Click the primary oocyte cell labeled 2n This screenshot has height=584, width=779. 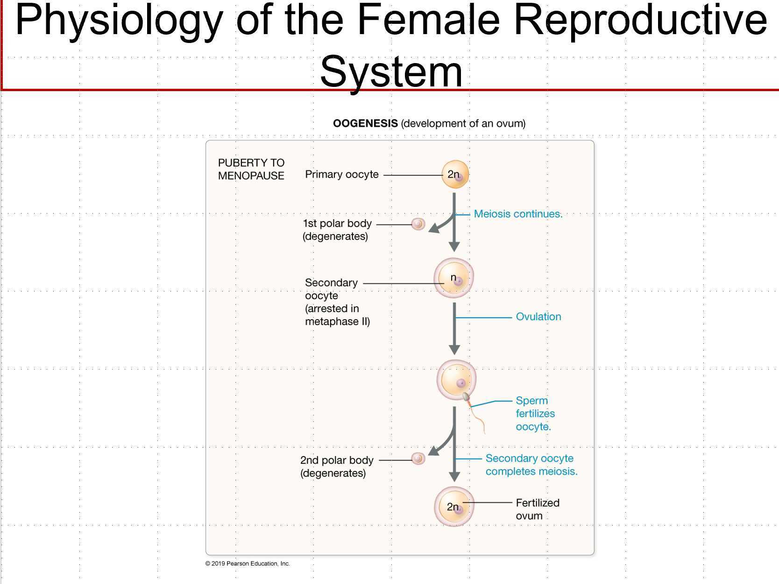[x=455, y=175]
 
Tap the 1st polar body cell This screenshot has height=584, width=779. [x=418, y=224]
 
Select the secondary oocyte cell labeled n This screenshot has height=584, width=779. [x=454, y=278]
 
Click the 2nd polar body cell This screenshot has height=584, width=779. [x=418, y=459]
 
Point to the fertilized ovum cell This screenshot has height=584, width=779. [x=454, y=507]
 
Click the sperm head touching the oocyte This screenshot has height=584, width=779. [x=466, y=397]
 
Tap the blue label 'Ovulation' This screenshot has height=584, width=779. [x=538, y=317]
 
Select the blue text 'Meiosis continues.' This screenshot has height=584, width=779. [x=518, y=214]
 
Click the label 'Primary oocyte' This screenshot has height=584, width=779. [x=341, y=174]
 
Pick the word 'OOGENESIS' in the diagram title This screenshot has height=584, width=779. [x=365, y=123]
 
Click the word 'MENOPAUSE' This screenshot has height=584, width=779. [x=251, y=176]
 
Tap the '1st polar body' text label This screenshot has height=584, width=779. [x=337, y=223]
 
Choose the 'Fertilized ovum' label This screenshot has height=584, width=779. [x=537, y=509]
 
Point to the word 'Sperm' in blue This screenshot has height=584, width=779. [x=531, y=401]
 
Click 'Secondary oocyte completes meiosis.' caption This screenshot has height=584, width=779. [x=531, y=465]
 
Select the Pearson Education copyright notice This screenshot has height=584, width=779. [x=248, y=563]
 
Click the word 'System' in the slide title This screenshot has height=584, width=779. [x=391, y=71]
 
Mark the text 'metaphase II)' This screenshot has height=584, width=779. [x=337, y=321]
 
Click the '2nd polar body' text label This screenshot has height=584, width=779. [x=337, y=460]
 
